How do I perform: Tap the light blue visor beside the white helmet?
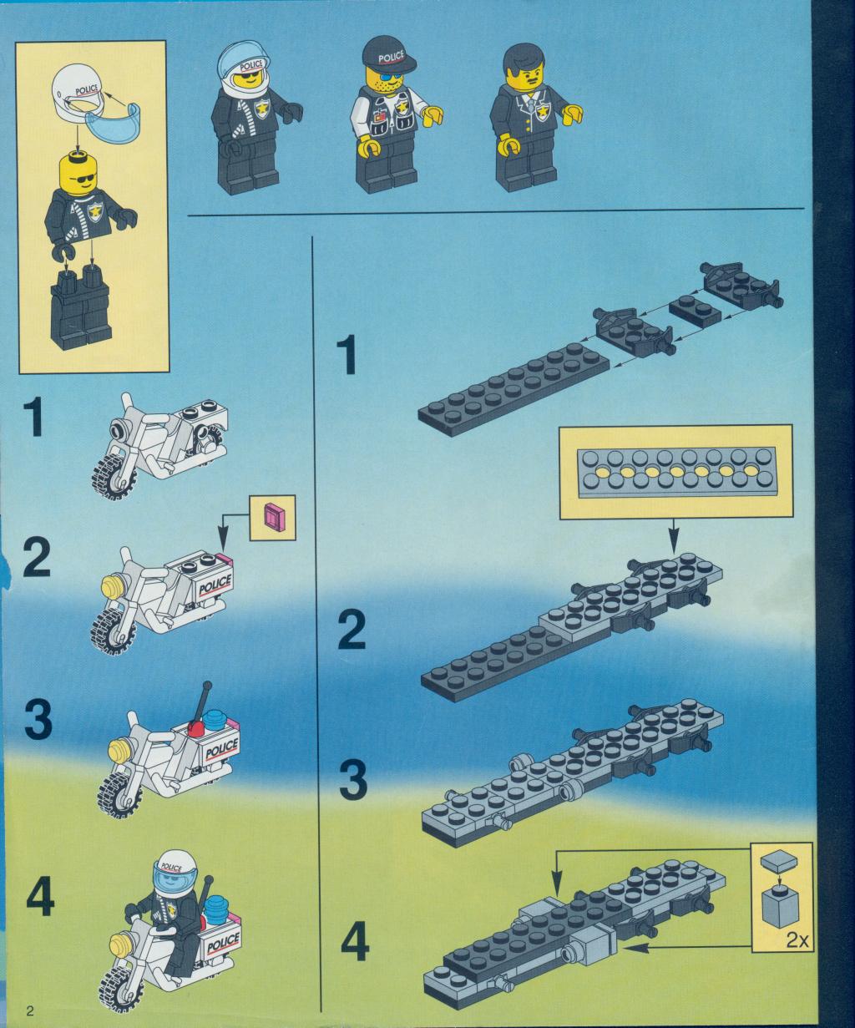click(x=113, y=119)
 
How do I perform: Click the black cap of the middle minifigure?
click(x=389, y=55)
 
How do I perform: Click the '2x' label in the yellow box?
click(x=797, y=941)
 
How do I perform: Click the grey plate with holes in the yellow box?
click(x=677, y=472)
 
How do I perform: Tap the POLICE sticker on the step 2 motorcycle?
click(x=215, y=584)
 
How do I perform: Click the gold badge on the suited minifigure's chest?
click(x=543, y=112)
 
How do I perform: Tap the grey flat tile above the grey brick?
click(x=779, y=860)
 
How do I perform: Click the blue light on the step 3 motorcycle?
click(x=215, y=720)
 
